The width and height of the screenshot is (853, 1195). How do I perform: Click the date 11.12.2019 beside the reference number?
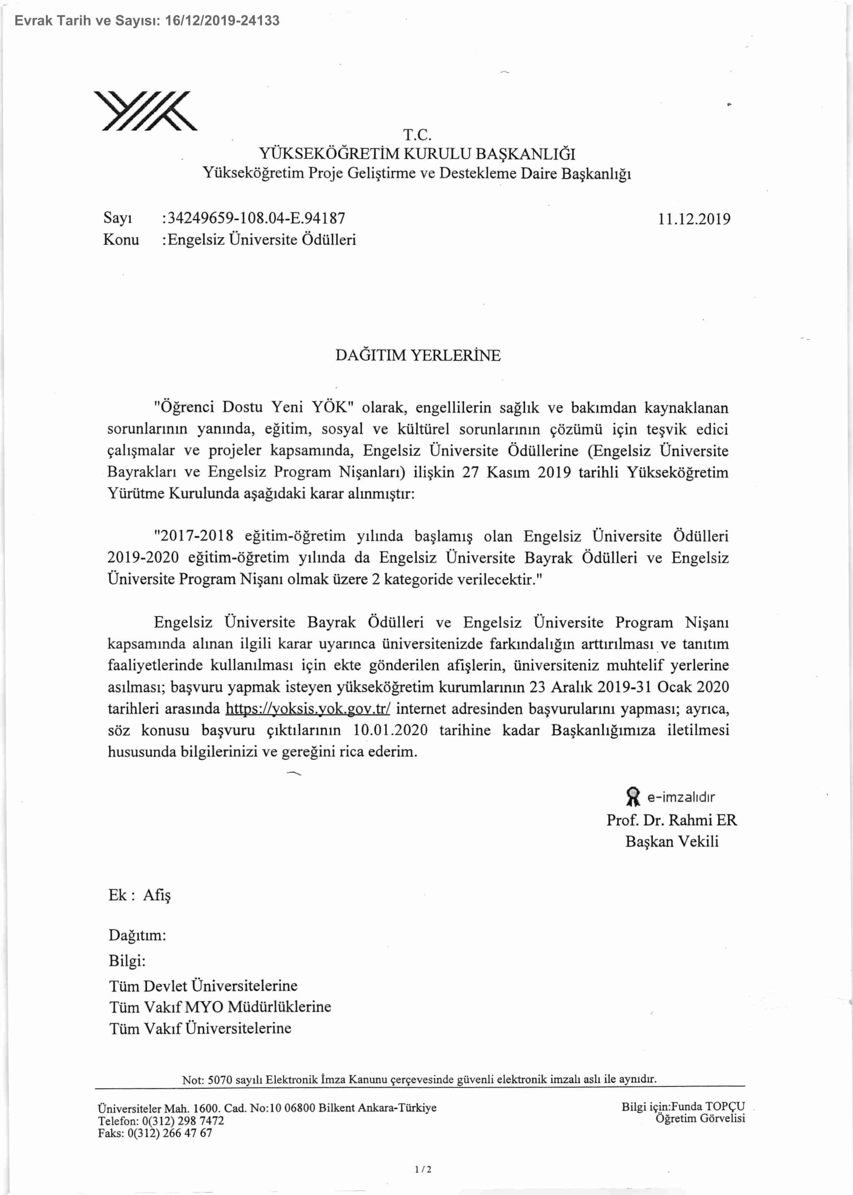(693, 219)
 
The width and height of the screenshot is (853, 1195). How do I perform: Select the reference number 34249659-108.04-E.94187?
(256, 218)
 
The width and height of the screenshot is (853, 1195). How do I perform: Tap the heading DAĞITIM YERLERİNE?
(418, 356)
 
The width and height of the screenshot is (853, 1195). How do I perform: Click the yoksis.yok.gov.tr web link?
(308, 709)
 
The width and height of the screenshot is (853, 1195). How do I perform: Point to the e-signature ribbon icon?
(633, 796)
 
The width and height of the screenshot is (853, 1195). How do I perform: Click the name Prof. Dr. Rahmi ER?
(671, 820)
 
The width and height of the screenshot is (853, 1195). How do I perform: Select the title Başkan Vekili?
(671, 841)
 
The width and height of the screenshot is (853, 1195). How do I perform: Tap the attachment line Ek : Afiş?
(139, 895)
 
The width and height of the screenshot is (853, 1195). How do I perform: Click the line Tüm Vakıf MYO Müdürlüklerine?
(220, 1007)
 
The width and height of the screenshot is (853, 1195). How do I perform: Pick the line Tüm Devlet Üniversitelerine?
(203, 986)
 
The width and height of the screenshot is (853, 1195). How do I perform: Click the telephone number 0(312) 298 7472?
(183, 1120)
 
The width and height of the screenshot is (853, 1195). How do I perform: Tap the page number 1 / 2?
(423, 1169)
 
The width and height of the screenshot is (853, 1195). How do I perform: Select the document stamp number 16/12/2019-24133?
(222, 21)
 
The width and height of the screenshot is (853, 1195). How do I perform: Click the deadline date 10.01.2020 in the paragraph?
(390, 730)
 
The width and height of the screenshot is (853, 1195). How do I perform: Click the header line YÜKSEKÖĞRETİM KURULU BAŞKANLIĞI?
(417, 154)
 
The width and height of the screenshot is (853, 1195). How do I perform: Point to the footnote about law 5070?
(419, 1080)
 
